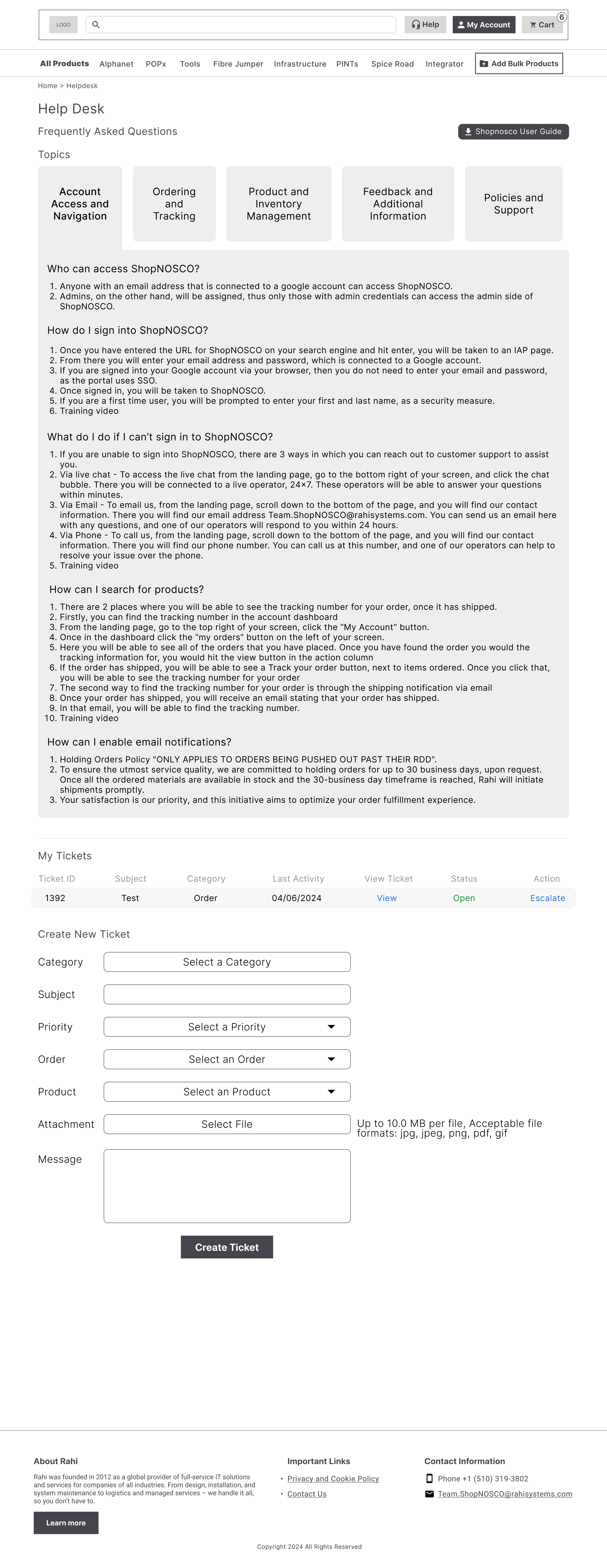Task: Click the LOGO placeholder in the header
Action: tap(63, 25)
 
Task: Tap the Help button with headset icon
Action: tap(425, 25)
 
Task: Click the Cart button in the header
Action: tap(542, 25)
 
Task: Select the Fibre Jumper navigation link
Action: tap(238, 64)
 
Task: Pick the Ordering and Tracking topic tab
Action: tap(174, 204)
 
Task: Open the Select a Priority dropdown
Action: tap(227, 1027)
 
